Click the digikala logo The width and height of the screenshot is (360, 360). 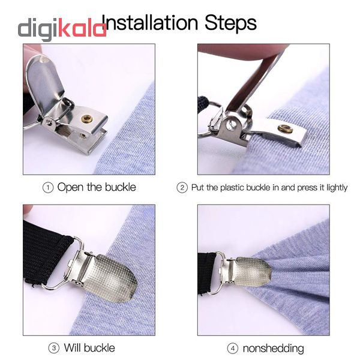tap(62, 29)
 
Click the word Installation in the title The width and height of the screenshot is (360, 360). tap(149, 23)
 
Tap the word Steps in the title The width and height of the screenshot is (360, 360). tap(230, 23)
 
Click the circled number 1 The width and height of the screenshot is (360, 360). tap(48, 188)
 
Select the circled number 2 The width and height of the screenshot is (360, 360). tap(182, 188)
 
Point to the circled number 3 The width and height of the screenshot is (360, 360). tap(54, 348)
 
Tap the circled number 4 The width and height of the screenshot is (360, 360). tap(233, 349)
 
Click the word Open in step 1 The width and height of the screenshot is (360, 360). tap(70, 187)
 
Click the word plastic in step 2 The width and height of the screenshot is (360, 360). tap(232, 188)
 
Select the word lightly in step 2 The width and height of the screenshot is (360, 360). tap(337, 188)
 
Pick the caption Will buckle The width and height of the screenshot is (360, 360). tap(89, 348)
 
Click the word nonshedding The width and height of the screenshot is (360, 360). tap(273, 349)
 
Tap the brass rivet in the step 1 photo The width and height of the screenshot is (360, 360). tap(87, 119)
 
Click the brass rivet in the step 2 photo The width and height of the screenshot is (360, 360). tap(285, 129)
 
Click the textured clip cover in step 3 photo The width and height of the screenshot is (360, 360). tap(111, 278)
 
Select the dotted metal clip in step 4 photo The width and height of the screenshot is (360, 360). tap(252, 272)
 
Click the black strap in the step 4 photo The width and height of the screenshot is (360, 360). tap(208, 273)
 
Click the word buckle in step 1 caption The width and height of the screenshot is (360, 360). tap(121, 187)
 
